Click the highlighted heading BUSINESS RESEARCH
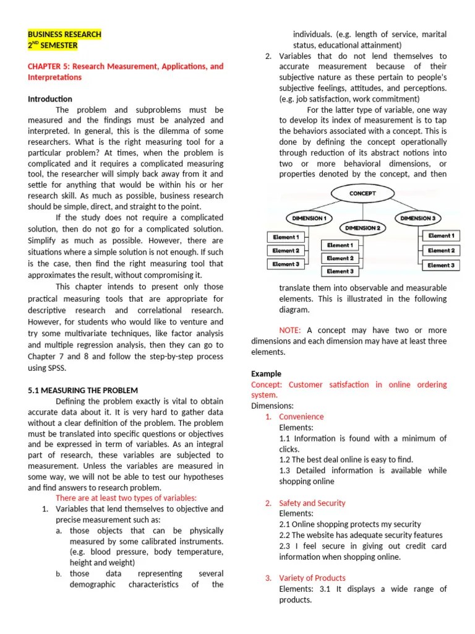pyautogui.click(x=64, y=35)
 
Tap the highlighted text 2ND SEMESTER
pyautogui.click(x=53, y=45)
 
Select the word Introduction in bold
pyautogui.click(x=50, y=99)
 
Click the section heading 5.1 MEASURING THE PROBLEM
pyautogui.click(x=83, y=391)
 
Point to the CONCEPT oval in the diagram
pyautogui.click(x=362, y=193)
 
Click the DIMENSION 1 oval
pyautogui.click(x=308, y=218)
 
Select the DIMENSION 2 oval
pyautogui.click(x=362, y=228)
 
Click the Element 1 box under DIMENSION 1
pyautogui.click(x=285, y=237)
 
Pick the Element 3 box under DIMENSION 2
pyautogui.click(x=340, y=271)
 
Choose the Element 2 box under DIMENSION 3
pyautogui.click(x=441, y=251)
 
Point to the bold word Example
pyautogui.click(x=266, y=374)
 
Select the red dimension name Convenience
pyautogui.click(x=301, y=417)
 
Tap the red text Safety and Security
pyautogui.click(x=312, y=503)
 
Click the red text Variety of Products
pyautogui.click(x=312, y=578)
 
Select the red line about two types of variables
pyautogui.click(x=126, y=498)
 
